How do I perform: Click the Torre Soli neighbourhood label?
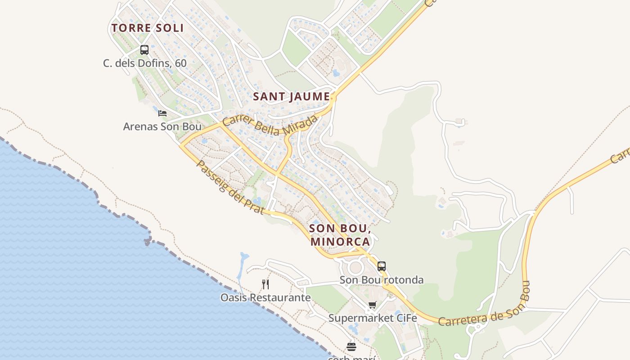point(148,28)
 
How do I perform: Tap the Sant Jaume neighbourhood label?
point(292,97)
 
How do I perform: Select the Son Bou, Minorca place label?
point(340,235)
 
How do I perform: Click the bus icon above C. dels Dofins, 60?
point(144,50)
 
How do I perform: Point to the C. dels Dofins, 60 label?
point(144,63)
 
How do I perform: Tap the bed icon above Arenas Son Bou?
point(162,113)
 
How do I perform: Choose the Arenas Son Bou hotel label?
point(162,126)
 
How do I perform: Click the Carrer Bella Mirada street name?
point(270,126)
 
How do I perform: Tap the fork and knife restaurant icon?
point(265,284)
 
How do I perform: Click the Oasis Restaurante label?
point(265,297)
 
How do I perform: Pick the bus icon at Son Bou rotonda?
point(382,266)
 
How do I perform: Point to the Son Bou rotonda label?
point(381,280)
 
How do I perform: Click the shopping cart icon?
point(373,305)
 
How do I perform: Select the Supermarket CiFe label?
point(373,318)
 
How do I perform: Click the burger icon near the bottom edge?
point(351,347)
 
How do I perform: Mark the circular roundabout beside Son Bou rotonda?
point(355,268)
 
